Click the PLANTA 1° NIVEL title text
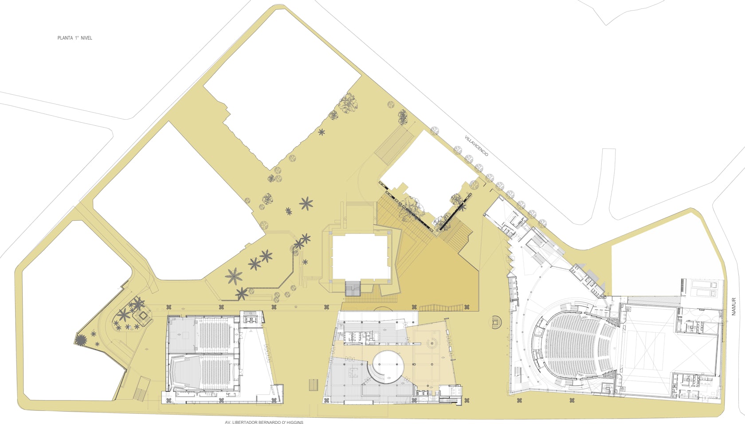(75, 38)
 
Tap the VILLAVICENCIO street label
(476, 146)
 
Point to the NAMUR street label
(733, 307)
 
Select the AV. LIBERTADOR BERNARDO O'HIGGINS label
(264, 422)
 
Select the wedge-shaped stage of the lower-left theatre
(184, 372)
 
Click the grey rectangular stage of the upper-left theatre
(183, 334)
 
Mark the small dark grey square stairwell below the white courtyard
(353, 288)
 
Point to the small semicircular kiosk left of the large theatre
(495, 323)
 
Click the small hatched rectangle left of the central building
(313, 385)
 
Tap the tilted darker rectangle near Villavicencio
(394, 145)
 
